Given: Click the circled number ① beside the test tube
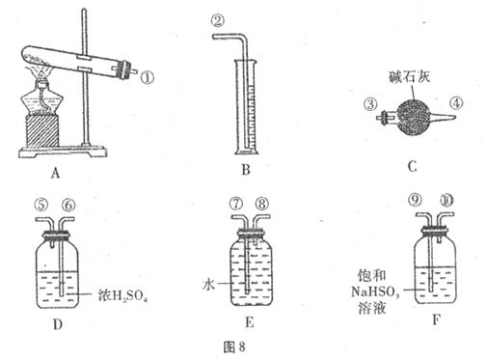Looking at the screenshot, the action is click(x=148, y=77).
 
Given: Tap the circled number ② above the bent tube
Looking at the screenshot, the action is click(x=218, y=21).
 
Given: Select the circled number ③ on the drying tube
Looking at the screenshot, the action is click(x=370, y=104).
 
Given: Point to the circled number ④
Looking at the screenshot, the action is click(x=456, y=103).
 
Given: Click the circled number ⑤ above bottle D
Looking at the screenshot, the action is click(x=41, y=205).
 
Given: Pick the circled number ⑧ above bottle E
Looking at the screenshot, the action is click(x=262, y=204).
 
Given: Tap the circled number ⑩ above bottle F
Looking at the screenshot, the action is click(x=446, y=201).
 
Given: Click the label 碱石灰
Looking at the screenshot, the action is click(x=409, y=77).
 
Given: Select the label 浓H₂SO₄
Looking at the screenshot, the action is click(x=122, y=295).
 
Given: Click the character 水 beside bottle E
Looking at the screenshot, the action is click(x=208, y=285).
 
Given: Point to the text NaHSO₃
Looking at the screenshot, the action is click(x=375, y=291).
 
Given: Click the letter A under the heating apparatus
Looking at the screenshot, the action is click(x=55, y=174).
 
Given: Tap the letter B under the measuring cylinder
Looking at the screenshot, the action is click(x=246, y=170).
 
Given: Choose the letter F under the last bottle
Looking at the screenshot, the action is click(x=436, y=320).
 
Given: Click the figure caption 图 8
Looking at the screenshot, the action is click(x=234, y=346).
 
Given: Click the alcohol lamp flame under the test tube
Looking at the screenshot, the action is click(x=41, y=72).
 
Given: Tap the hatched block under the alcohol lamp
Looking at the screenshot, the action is click(x=42, y=131).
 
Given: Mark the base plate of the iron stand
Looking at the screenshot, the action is click(x=63, y=152).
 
